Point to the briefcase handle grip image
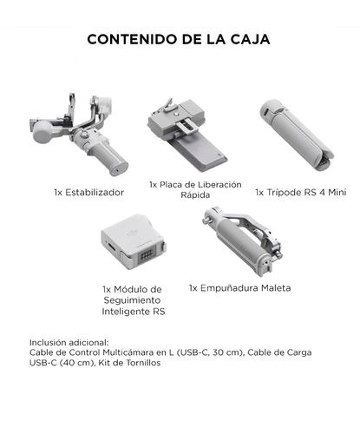tap(238, 248)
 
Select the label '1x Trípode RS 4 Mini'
tap(299, 191)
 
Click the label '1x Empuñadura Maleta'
tap(239, 287)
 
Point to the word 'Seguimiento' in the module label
tap(132, 299)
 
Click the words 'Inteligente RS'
tap(132, 311)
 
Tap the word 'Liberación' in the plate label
tap(213, 185)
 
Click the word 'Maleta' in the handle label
tap(272, 287)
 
